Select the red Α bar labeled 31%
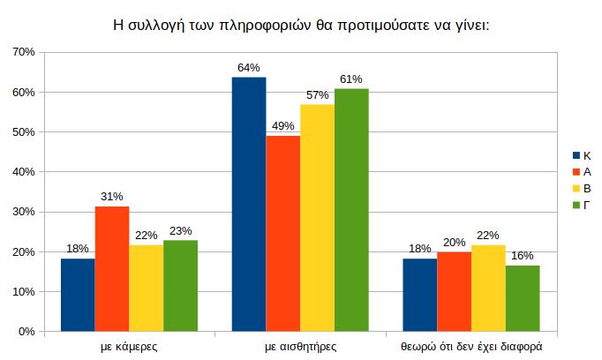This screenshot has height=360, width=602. click(112, 269)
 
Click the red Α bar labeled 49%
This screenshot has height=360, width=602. click(282, 234)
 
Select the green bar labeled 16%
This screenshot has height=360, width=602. click(523, 298)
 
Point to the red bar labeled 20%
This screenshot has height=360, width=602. click(454, 291)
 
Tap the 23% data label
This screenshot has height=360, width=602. click(181, 231)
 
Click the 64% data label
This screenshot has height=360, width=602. click(248, 68)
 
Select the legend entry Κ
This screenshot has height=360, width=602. click(583, 155)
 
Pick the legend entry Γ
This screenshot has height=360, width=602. click(583, 206)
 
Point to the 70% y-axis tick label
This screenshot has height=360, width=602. click(24, 53)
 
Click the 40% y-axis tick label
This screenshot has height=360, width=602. click(24, 172)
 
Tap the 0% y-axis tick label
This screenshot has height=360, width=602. click(26, 332)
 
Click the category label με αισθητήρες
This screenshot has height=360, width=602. click(300, 347)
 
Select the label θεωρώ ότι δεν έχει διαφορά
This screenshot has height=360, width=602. click(470, 347)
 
